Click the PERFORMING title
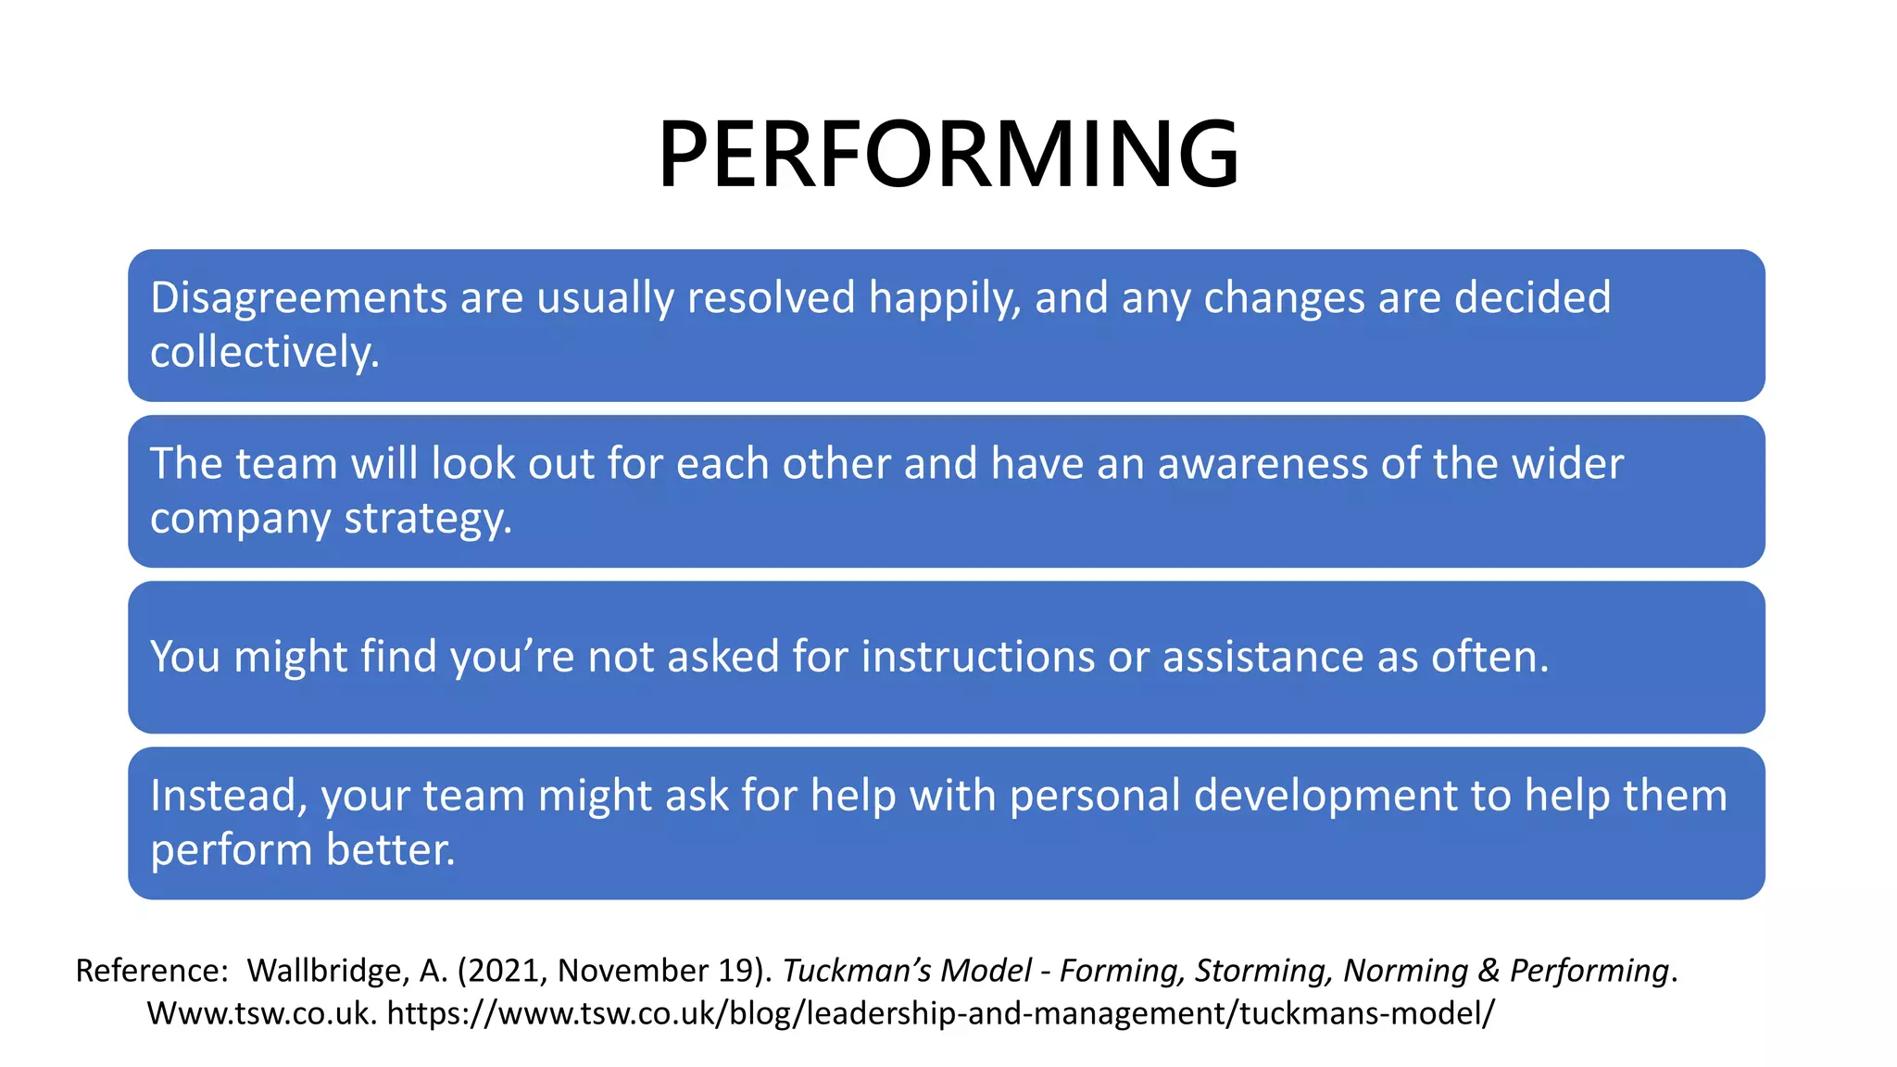pos(948,154)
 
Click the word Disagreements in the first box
pos(298,298)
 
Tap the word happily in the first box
pos(945,298)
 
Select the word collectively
pos(265,353)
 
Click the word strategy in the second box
pos(427,519)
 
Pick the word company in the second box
pos(240,519)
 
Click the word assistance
pos(1263,657)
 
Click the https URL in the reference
pos(940,1013)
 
